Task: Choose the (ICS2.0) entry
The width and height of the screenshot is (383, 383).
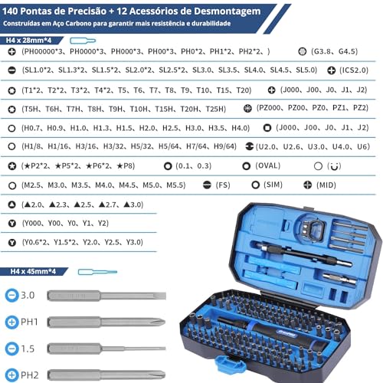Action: [x=358, y=70]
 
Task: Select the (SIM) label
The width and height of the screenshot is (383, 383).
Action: [x=273, y=185]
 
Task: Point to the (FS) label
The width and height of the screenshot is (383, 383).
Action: [x=223, y=185]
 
